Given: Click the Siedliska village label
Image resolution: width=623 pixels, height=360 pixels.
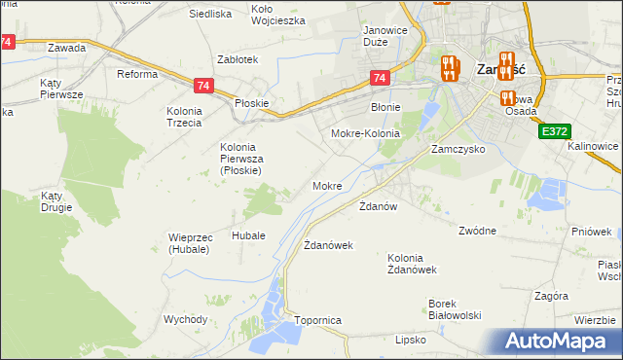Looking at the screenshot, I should (209, 15).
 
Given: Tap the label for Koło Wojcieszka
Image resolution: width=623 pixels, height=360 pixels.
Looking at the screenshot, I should (278, 15).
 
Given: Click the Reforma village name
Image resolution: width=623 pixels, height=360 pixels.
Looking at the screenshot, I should (137, 75).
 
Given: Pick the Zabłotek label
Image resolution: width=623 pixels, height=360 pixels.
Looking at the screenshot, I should (238, 59).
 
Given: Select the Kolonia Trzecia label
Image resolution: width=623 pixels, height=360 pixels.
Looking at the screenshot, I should (183, 117).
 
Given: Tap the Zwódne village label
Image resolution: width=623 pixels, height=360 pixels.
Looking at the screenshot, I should (478, 231).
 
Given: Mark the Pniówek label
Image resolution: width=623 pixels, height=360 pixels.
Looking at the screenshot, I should (592, 232).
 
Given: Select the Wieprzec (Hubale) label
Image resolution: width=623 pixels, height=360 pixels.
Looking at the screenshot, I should (175, 243).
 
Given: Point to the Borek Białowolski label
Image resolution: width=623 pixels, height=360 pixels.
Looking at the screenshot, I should (456, 308).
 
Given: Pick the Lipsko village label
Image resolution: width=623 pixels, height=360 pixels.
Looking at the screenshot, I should (412, 340).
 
